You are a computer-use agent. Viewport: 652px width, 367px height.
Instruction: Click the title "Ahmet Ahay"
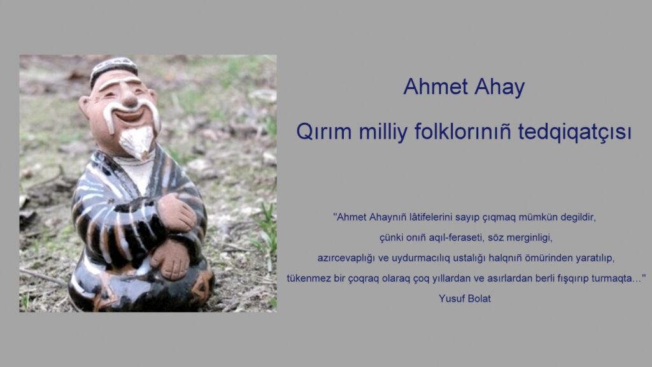[464, 87]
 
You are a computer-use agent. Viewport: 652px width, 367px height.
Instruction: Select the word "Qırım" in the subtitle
[324, 133]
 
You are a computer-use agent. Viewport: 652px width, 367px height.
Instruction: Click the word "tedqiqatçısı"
[575, 133]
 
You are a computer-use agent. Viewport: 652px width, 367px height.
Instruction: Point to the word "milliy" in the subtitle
[383, 133]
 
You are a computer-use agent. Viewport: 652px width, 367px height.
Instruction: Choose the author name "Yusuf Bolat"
[464, 298]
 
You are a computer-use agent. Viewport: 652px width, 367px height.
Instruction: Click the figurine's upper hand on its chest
[176, 212]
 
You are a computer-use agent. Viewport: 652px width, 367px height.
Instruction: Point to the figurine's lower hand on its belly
[171, 259]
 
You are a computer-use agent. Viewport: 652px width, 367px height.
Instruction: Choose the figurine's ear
[85, 107]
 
